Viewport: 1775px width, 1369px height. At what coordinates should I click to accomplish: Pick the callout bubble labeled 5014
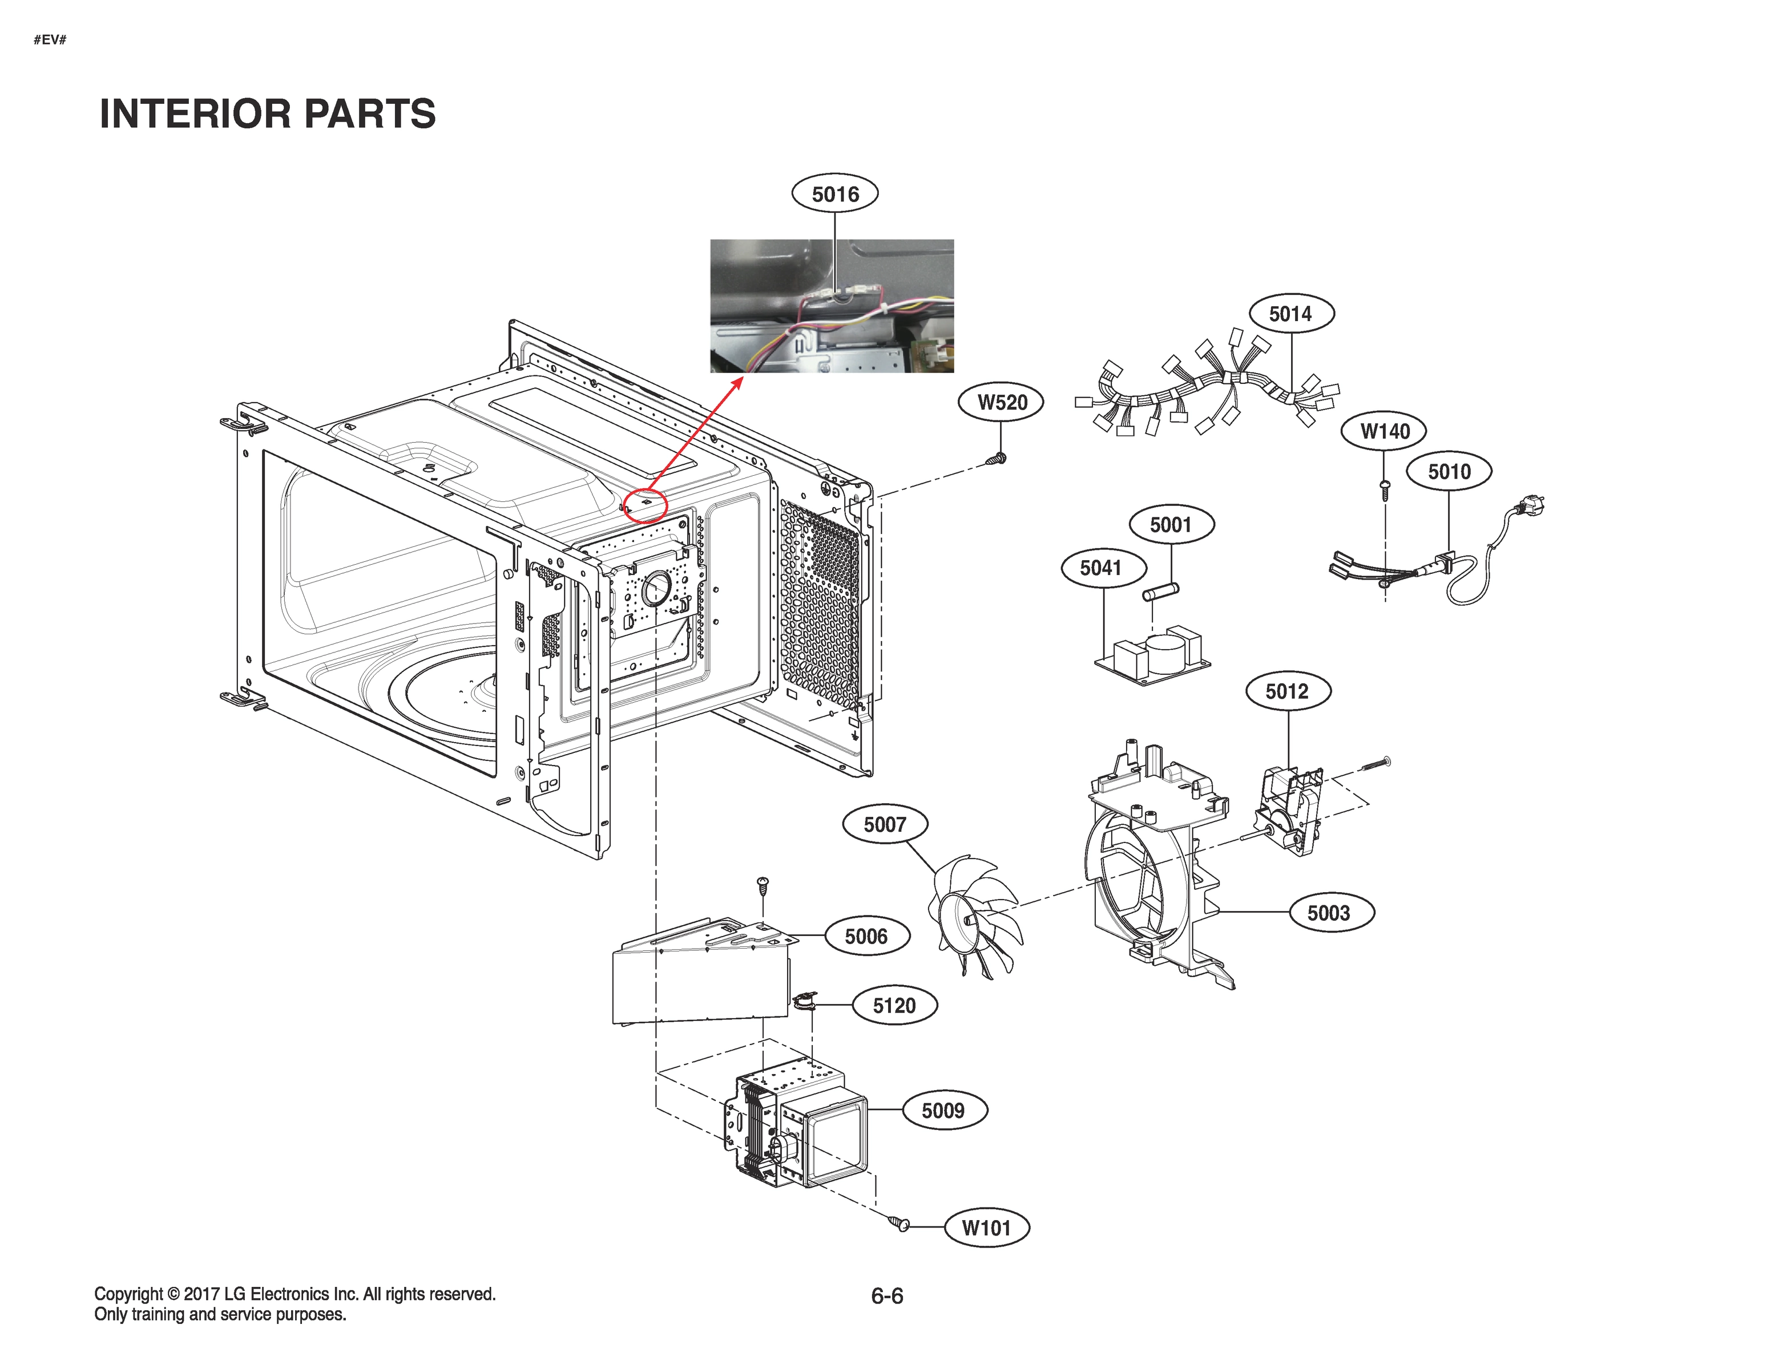click(1290, 314)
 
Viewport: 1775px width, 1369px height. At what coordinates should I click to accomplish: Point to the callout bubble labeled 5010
click(1449, 471)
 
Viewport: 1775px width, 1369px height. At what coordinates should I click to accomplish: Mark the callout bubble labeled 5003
click(1328, 913)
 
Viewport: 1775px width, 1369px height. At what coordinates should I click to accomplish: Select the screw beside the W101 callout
click(899, 1223)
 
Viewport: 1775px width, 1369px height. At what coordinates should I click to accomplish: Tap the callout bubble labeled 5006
click(866, 936)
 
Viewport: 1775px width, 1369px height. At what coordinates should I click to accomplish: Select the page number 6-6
click(887, 1296)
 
